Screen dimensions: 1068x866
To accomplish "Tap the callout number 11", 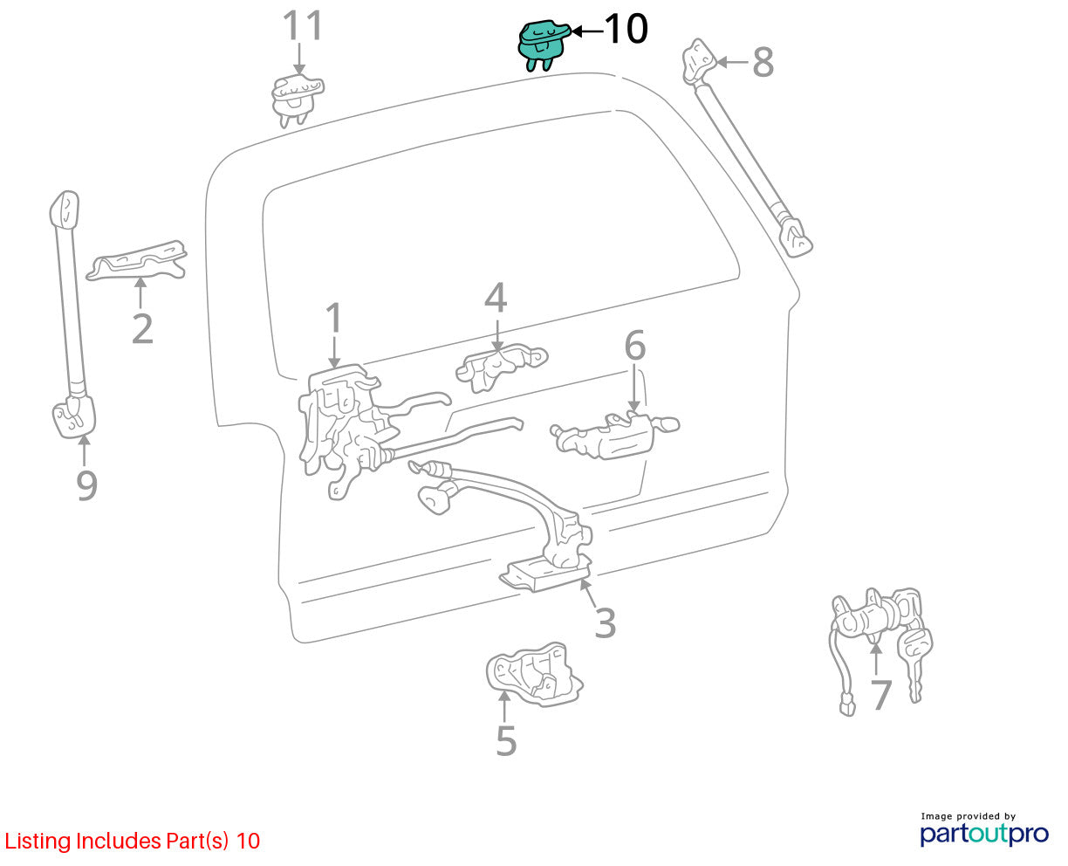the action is point(303,25).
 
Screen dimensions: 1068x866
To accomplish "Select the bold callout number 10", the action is point(626,29).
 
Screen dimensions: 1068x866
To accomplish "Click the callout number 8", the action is point(763,62).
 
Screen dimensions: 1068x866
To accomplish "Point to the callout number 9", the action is point(86,485).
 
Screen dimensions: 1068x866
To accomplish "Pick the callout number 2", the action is point(142,329).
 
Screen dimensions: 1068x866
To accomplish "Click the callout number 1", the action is point(334,318).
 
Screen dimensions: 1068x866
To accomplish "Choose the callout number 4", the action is point(496,298).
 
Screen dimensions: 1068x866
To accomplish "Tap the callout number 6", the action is point(635,345).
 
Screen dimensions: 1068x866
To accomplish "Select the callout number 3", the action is point(606,622).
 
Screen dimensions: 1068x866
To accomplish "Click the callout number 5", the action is point(506,740).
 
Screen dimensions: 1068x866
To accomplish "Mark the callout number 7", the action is point(881,695).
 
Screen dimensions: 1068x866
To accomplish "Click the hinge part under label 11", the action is point(298,100).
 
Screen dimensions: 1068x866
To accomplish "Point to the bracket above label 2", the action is point(137,260).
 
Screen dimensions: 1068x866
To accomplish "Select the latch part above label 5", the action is point(533,674).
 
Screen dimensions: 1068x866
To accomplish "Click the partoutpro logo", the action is point(984,834).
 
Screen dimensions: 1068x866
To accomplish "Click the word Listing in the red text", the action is point(38,842).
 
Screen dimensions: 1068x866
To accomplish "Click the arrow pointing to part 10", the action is point(587,31).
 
